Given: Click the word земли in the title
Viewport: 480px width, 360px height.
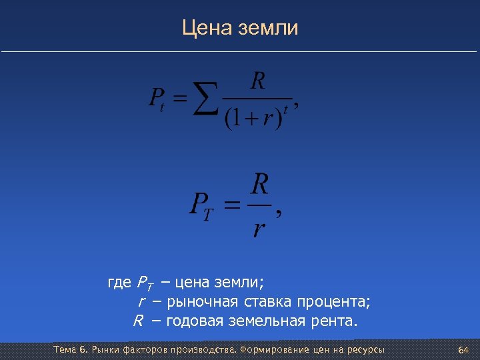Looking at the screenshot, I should pos(271,29).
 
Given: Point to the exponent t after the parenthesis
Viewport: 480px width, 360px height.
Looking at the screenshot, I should pos(286,108).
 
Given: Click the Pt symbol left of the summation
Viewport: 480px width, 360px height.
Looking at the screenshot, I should pos(156,100).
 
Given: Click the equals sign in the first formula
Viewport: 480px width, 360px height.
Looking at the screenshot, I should pos(179,100).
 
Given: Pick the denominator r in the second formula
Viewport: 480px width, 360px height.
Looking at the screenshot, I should pos(259,229).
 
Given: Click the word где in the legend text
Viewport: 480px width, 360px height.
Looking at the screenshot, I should pos(119,282).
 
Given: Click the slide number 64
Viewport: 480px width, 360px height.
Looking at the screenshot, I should pos(463,350).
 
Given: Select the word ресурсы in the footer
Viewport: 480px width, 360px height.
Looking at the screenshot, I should pos(364,350).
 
